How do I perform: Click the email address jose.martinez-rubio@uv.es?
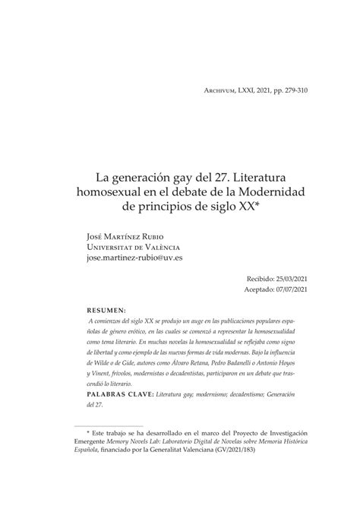click(x=136, y=258)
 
